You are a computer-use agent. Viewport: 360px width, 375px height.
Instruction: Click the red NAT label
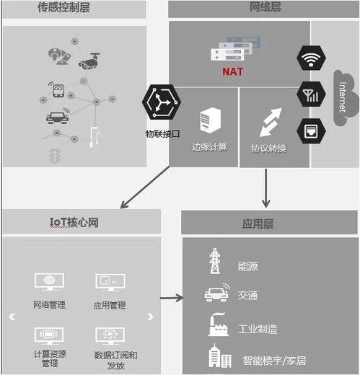(233, 71)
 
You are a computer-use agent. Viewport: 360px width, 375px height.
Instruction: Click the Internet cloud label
(343, 97)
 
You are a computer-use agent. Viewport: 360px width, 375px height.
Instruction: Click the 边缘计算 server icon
(210, 120)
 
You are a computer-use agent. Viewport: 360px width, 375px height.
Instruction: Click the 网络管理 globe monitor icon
(49, 283)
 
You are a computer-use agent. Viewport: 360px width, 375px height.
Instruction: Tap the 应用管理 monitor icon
(109, 283)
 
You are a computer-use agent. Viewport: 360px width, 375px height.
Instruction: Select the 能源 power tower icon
(215, 261)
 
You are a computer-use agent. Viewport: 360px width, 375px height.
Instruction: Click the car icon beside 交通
(216, 294)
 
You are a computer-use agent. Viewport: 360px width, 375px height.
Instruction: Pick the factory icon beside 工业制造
(217, 325)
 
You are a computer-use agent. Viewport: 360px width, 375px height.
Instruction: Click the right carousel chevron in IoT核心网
(150, 316)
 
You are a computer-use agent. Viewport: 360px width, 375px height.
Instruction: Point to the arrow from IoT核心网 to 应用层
(172, 297)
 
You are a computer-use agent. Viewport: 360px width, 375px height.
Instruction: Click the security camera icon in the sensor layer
(90, 61)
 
